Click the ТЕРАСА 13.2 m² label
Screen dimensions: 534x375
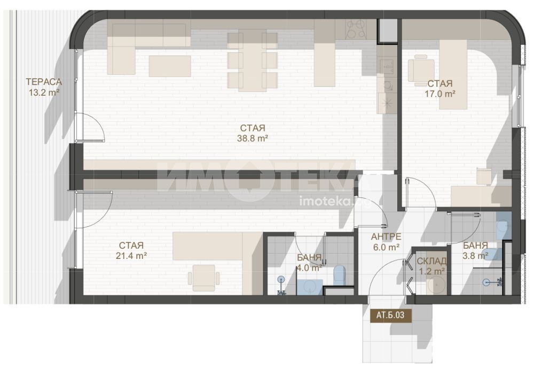[x=44, y=87]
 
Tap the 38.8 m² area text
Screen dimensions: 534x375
[x=253, y=138]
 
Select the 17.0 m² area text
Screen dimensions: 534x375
[x=440, y=94]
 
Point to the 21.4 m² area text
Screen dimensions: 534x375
[x=131, y=255]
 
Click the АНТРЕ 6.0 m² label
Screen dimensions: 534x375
[x=386, y=242]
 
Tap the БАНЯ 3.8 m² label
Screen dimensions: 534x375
[x=475, y=250]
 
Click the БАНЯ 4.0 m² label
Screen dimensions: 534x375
[x=309, y=263]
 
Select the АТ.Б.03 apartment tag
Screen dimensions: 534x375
[x=391, y=315]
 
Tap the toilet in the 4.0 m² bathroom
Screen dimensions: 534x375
[x=340, y=274]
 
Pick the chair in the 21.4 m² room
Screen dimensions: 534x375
[x=203, y=278]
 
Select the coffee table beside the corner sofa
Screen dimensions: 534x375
[x=170, y=66]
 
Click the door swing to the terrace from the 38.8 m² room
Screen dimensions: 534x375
[x=90, y=127]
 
